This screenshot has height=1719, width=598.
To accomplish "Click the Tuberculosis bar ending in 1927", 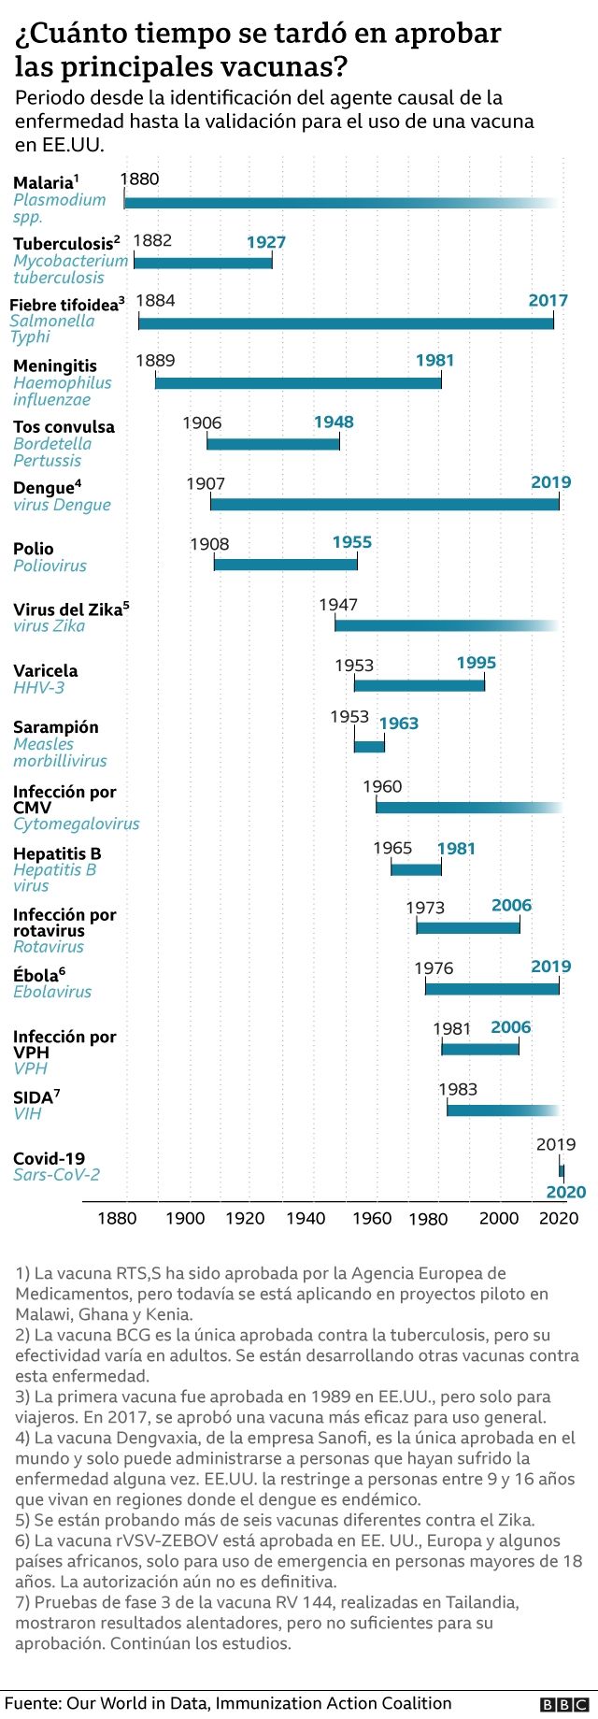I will pos(203,262).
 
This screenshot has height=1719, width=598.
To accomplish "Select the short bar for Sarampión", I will pos(369,745).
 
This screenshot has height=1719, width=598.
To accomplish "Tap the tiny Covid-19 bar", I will pos(562,1169).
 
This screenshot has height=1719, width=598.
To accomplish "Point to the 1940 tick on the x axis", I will pos(306,1218).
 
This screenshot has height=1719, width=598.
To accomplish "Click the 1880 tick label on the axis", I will pos(117,1218).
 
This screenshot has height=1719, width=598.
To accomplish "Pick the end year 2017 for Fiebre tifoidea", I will pos(548,300).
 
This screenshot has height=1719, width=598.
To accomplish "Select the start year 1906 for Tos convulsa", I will pos(202,423).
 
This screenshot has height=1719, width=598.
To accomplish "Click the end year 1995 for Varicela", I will pos(477,663).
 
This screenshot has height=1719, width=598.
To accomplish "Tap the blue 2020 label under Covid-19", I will pos(565,1192).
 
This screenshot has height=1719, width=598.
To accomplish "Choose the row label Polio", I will pos(34,549).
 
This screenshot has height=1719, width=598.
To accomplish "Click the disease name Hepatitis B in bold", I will pos(57,853).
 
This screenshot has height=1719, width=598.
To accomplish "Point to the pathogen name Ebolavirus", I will pos(52,992).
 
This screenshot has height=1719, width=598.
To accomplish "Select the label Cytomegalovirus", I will pos(77,824).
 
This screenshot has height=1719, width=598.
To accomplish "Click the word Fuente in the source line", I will pos(32,1703).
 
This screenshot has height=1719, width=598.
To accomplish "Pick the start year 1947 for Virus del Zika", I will pos(338,605).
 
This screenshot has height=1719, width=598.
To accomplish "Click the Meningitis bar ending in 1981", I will pos(298,381).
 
